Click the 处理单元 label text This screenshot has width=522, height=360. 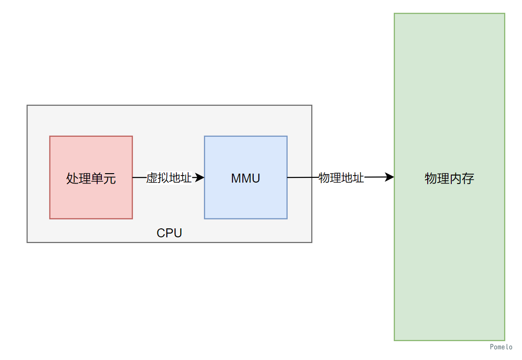pyautogui.click(x=91, y=179)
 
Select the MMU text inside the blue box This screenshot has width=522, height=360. pyautogui.click(x=245, y=179)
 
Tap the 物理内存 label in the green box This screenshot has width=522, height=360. pyautogui.click(x=449, y=178)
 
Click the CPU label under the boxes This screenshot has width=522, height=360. pyautogui.click(x=169, y=233)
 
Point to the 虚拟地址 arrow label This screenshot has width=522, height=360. pyautogui.click(x=169, y=178)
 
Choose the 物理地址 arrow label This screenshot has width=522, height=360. pyautogui.click(x=341, y=178)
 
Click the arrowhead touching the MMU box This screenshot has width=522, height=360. pyautogui.click(x=200, y=177)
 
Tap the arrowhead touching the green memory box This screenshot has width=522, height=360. pyautogui.click(x=389, y=177)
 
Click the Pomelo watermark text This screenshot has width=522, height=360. pyautogui.click(x=501, y=347)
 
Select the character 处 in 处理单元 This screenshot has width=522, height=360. pyautogui.click(x=72, y=179)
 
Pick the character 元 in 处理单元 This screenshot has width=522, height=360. pyautogui.click(x=110, y=179)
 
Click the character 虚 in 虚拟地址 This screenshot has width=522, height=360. pyautogui.click(x=152, y=178)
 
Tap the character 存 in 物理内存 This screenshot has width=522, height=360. pyautogui.click(x=468, y=178)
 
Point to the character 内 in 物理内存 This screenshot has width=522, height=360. pyautogui.click(x=456, y=178)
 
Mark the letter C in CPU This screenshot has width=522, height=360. pyautogui.click(x=161, y=233)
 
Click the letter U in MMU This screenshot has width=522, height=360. pyautogui.click(x=256, y=179)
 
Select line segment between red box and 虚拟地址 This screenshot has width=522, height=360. pyautogui.click(x=139, y=177)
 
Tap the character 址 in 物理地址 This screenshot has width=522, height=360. pyautogui.click(x=358, y=178)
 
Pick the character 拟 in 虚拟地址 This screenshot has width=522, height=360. pyautogui.click(x=163, y=178)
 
